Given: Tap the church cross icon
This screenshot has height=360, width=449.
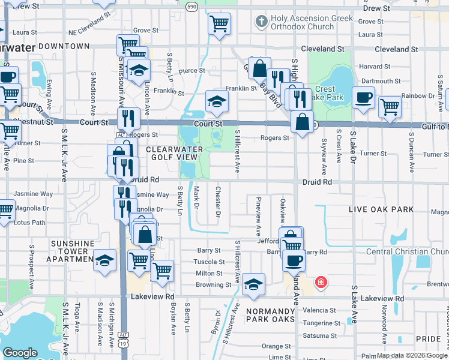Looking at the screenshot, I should (261, 22).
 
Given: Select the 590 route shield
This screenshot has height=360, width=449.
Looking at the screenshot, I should (191, 6).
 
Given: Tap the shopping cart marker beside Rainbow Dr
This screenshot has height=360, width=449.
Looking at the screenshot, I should (390, 106).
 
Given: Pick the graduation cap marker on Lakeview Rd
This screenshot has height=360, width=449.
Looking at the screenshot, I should (254, 284).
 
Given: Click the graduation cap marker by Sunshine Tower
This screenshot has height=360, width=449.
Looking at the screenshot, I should (104, 260).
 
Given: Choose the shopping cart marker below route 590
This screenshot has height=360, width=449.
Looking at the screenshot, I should (219, 24).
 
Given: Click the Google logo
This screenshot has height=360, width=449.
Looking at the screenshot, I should (20, 353).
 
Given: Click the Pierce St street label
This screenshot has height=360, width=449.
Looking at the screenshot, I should (191, 71).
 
